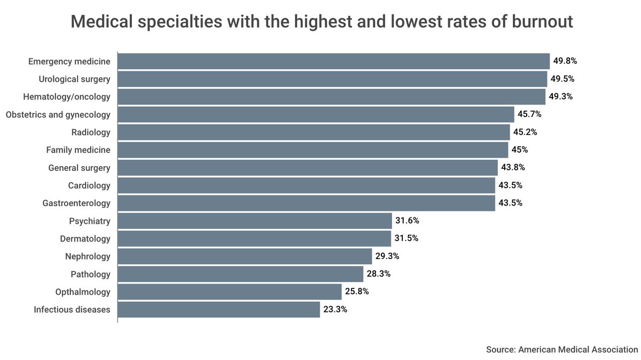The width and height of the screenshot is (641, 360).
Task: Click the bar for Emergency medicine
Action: [x=334, y=61]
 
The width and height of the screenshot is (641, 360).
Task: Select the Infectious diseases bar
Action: [x=218, y=309]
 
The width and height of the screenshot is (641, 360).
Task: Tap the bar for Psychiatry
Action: [x=255, y=221]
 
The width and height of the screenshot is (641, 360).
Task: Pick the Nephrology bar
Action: [x=245, y=256]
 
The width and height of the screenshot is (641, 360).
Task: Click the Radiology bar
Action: [x=314, y=132]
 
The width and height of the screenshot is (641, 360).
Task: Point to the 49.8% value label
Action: [x=565, y=61]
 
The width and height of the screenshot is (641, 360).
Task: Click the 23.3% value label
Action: [x=335, y=309]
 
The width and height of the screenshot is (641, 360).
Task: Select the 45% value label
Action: [x=520, y=150]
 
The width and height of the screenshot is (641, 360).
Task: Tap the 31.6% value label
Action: [x=407, y=221]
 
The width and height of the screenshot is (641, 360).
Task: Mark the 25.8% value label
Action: [x=357, y=291]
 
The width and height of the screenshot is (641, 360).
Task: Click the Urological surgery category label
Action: [x=74, y=79]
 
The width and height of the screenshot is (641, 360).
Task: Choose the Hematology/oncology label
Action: [x=67, y=97]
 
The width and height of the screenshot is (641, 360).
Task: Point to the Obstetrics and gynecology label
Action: [x=58, y=115]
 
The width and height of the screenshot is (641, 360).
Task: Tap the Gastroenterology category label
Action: [x=76, y=203]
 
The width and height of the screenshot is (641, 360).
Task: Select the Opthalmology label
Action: [x=83, y=292]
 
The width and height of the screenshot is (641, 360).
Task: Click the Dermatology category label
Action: [x=85, y=239]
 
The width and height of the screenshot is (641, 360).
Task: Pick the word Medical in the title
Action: [x=102, y=21]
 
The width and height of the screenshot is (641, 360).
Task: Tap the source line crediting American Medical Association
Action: [x=562, y=349]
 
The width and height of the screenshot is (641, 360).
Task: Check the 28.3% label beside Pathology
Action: [x=379, y=274]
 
